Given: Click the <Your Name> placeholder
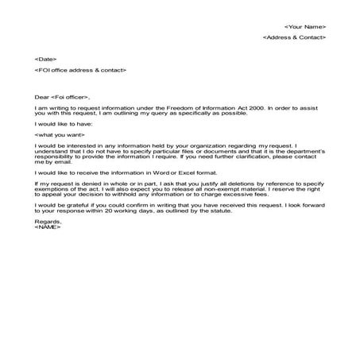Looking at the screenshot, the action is pyautogui.click(x=305, y=26).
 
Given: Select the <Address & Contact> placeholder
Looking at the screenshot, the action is pyautogui.click(x=294, y=37).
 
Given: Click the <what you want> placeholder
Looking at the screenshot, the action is pyautogui.click(x=60, y=134).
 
